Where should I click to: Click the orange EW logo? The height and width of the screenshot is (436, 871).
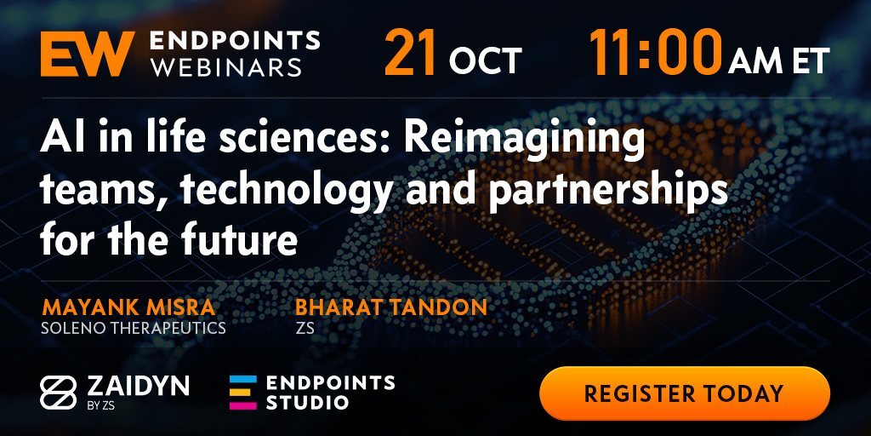(x=88, y=54)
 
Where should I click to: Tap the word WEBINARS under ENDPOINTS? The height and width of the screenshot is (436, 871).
(x=226, y=67)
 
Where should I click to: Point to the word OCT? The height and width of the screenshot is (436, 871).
(x=486, y=60)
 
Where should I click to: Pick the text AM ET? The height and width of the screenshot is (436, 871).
(x=779, y=60)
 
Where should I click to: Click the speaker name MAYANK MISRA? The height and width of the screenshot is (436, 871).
(x=128, y=307)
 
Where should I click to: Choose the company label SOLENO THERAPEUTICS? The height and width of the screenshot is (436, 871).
(x=134, y=328)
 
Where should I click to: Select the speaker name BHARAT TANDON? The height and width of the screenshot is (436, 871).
(x=391, y=307)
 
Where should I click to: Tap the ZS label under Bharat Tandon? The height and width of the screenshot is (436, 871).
(x=305, y=328)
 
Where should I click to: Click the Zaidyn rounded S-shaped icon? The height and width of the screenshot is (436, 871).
(x=59, y=393)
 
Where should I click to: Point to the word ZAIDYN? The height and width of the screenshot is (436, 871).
(x=139, y=386)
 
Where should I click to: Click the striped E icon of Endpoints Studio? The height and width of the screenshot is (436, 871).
(x=243, y=393)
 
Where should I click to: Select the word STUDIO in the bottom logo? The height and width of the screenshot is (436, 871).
(x=307, y=402)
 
